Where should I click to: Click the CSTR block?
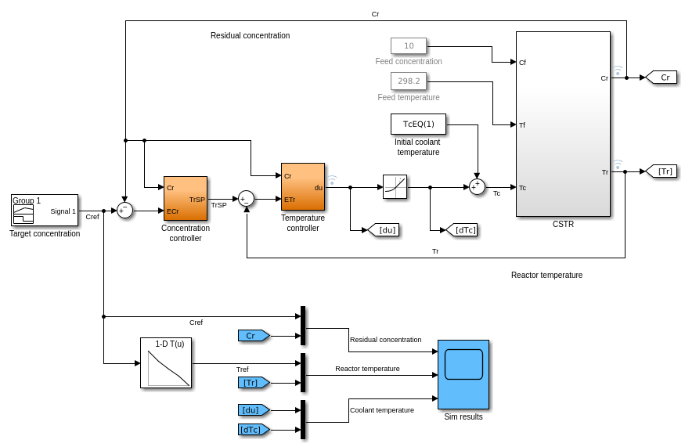[563, 124]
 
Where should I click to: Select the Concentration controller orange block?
[186, 199]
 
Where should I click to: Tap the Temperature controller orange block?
[303, 186]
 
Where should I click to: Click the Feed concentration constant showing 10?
[409, 45]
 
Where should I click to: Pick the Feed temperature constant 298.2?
[409, 81]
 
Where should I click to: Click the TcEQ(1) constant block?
[418, 124]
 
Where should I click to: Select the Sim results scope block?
[463, 374]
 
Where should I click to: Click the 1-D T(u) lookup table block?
[166, 362]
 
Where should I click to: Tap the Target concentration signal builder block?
[45, 211]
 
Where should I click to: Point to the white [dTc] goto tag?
[461, 229]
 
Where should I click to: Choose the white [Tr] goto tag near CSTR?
[662, 171]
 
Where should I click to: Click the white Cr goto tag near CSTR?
[662, 77]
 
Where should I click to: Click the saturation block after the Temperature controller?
[395, 186]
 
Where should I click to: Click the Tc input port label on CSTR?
[523, 187]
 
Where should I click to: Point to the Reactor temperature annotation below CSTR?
[546, 275]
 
